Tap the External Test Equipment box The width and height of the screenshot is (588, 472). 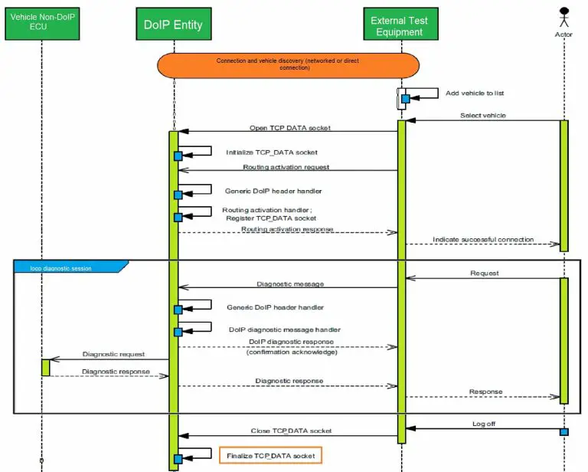(399, 25)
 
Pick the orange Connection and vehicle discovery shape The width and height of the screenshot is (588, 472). (289, 64)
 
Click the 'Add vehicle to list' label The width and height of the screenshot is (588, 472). (475, 93)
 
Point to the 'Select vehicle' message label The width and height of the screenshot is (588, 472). (482, 116)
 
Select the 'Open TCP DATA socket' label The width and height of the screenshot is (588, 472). (289, 127)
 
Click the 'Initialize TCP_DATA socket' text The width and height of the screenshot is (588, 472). (271, 152)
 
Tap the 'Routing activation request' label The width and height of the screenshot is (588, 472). (286, 166)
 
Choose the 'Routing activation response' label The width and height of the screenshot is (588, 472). (287, 228)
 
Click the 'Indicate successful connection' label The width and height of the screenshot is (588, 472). (482, 240)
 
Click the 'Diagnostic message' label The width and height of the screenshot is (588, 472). (290, 284)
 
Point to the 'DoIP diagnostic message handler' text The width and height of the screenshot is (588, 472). (284, 329)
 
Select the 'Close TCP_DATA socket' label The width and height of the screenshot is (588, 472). (291, 431)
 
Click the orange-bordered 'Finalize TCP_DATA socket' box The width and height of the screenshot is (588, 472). (270, 456)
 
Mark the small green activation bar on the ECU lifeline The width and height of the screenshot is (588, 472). (45, 368)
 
